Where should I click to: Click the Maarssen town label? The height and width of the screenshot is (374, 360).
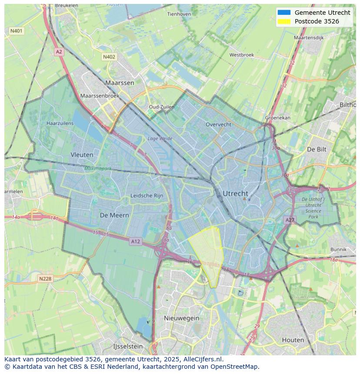120,83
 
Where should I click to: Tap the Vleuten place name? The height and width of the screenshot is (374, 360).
82,154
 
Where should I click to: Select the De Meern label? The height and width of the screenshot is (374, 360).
114,215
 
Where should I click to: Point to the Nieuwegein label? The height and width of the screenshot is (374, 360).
181,318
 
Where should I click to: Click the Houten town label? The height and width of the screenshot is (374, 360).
293,340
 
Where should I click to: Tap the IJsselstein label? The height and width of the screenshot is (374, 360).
128,346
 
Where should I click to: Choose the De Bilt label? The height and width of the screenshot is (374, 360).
316,149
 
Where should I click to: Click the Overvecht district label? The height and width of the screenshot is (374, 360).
218,124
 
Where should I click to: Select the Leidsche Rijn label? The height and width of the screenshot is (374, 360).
147,195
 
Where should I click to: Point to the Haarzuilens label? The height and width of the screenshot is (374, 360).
60,123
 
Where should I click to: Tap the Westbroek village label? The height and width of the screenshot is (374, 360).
242,55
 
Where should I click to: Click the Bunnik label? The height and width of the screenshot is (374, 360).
338,249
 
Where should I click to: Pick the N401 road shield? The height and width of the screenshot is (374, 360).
17,31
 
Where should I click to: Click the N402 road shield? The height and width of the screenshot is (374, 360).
109,57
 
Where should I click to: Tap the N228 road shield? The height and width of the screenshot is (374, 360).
46,279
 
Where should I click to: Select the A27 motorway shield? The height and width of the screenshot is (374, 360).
290,220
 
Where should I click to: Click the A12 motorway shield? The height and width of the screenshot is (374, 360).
135,242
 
